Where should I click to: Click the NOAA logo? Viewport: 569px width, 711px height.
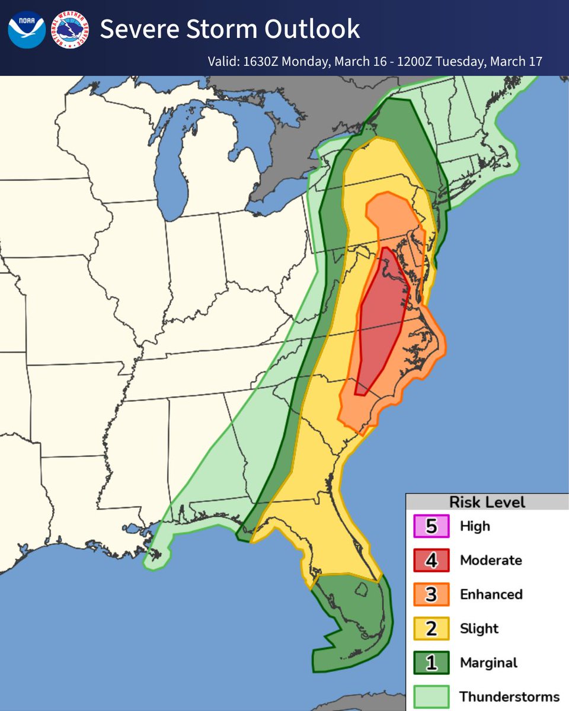click(x=27, y=29)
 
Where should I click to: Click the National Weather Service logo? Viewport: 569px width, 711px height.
click(x=71, y=29)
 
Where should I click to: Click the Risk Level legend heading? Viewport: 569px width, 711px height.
click(x=487, y=502)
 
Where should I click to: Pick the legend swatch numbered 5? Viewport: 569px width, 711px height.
click(x=431, y=526)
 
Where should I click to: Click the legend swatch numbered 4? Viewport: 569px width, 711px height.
click(x=431, y=560)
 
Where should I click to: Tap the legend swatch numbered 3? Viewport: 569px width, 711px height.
click(x=431, y=594)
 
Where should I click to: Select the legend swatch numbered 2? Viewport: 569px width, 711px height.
click(x=431, y=628)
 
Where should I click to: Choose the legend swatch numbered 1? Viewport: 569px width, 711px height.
click(x=431, y=662)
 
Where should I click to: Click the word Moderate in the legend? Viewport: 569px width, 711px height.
click(x=491, y=560)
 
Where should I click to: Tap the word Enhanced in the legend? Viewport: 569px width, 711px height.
click(x=491, y=594)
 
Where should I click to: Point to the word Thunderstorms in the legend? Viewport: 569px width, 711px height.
click(x=509, y=696)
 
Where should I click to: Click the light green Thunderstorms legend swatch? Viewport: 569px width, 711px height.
click(x=431, y=696)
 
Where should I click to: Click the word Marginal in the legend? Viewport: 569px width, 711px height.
click(x=488, y=662)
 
